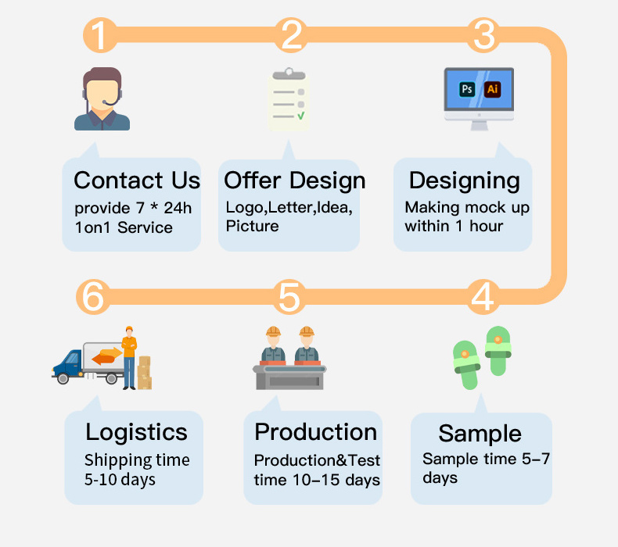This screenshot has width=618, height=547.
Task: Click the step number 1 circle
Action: tap(99, 35)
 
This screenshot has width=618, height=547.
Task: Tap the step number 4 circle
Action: tap(483, 298)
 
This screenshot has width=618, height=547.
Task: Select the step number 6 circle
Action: tap(92, 298)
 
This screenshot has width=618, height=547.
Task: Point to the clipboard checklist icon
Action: tap(287, 99)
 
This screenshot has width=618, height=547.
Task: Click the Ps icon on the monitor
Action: tap(467, 89)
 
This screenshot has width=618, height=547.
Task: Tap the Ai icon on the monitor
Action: tap(492, 89)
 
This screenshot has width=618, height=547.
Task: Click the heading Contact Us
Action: tap(137, 181)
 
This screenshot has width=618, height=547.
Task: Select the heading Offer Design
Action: tap(294, 181)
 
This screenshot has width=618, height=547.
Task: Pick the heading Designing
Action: tap(464, 181)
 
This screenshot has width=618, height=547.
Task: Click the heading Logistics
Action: tap(136, 432)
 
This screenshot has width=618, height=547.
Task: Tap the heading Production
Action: tap(315, 432)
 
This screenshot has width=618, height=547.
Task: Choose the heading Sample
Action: tap(480, 433)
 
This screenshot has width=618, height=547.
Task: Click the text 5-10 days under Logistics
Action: tap(120, 479)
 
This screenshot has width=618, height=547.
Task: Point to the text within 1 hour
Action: tap(454, 226)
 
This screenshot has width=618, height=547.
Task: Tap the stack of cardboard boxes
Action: tap(145, 373)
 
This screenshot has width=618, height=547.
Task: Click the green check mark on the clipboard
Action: tap(300, 116)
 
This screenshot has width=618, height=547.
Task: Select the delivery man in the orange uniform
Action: tap(129, 356)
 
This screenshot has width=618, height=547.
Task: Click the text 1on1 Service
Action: tap(124, 227)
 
